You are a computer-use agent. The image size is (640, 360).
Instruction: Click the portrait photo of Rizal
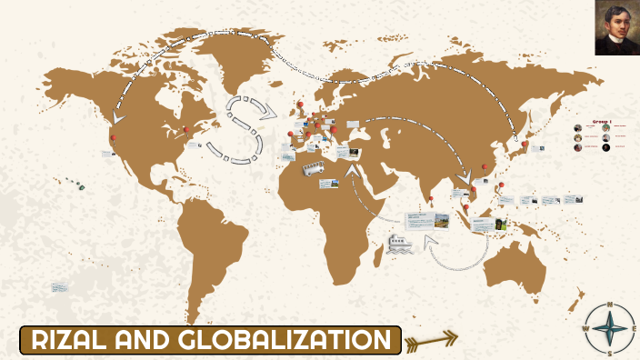click(617, 27)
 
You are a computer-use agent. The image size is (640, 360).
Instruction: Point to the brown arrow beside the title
click(431, 341)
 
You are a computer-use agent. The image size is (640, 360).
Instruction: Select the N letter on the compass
click(610, 305)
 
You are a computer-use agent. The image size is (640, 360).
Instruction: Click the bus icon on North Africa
click(314, 167)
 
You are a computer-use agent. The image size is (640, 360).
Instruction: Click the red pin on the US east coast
click(186, 131)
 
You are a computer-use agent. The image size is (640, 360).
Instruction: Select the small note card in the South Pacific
click(60, 287)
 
